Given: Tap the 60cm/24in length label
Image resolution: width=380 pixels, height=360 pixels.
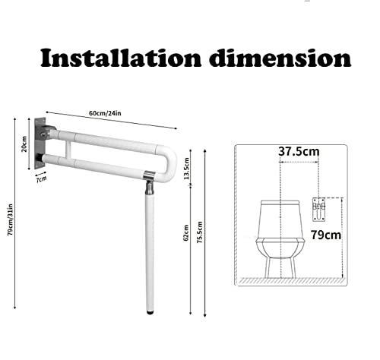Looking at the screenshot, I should point(106,113).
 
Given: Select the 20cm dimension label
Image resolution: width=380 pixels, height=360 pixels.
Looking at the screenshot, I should point(24,144).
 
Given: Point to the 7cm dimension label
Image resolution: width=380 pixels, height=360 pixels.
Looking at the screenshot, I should point(42,179).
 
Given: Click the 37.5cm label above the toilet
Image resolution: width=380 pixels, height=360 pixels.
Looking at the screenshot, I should point(298,151).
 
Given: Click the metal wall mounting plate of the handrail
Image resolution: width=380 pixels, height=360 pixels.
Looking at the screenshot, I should point(39,143).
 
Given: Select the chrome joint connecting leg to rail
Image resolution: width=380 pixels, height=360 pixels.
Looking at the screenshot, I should point(150,178).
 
